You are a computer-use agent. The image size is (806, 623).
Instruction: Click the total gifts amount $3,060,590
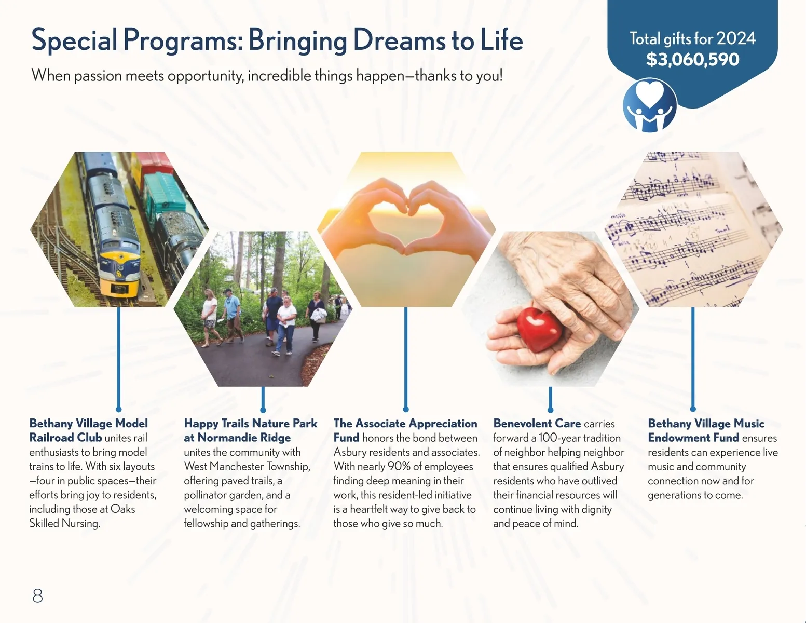pyautogui.click(x=692, y=60)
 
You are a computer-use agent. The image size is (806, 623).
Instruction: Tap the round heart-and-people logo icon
pyautogui.click(x=650, y=105)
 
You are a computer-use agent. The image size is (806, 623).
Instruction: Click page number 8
pyautogui.click(x=37, y=595)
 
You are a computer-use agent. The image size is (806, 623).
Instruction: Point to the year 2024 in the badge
pyautogui.click(x=736, y=38)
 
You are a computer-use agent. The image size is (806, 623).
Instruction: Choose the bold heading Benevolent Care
pyautogui.click(x=537, y=423)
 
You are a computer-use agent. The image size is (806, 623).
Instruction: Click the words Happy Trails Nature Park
pyautogui.click(x=251, y=423)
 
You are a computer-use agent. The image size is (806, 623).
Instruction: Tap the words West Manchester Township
pyautogui.click(x=247, y=466)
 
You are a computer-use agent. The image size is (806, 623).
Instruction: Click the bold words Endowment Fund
pyautogui.click(x=693, y=438)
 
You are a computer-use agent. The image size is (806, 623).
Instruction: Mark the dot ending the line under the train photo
pyautogui.click(x=119, y=409)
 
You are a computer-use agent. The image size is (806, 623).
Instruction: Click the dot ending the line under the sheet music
pyautogui.click(x=693, y=409)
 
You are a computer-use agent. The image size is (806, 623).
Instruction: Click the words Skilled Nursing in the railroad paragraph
pyautogui.click(x=64, y=523)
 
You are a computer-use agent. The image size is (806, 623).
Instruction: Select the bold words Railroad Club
pyautogui.click(x=65, y=438)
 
